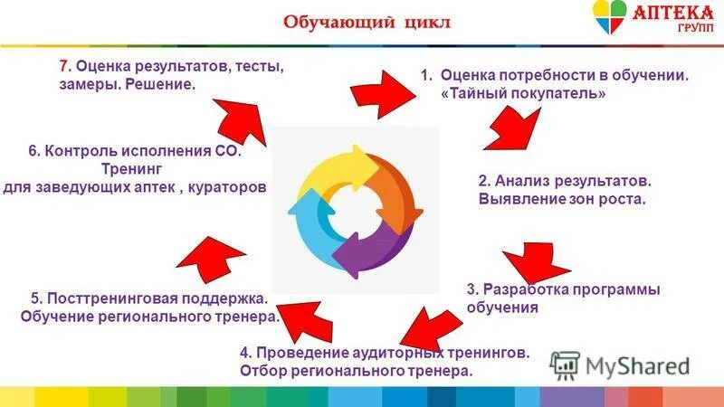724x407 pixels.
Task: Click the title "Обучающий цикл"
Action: [x=367, y=22]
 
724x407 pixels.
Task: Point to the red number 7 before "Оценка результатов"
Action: [x=63, y=66]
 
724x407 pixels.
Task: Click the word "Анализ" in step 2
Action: [x=518, y=181]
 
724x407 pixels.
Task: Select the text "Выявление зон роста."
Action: [x=561, y=198]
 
